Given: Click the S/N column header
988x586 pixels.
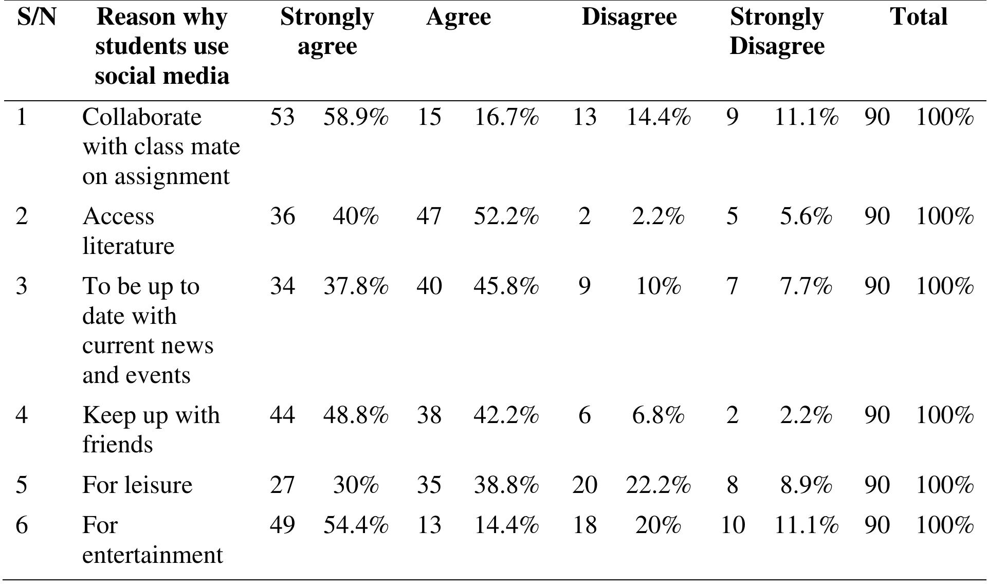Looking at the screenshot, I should [36, 17].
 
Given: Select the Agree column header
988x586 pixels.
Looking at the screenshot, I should [458, 17].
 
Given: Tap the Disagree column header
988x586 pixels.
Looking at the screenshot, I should [629, 17].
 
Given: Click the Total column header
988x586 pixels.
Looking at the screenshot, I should [919, 17].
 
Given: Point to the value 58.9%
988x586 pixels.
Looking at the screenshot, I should [356, 117].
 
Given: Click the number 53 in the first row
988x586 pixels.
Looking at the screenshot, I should [282, 117].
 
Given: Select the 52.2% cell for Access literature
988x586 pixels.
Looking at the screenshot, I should [506, 216].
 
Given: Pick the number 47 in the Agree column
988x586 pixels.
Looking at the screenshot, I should [429, 216].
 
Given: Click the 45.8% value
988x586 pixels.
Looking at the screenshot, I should [506, 286].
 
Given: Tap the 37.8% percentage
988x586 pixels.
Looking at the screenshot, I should [356, 286].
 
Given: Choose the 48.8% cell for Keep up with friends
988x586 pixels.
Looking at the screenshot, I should [356, 415].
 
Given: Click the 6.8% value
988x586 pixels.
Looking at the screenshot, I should [658, 415].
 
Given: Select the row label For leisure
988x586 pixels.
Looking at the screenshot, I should [137, 485].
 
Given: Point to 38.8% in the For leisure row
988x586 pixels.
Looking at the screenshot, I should [506, 485].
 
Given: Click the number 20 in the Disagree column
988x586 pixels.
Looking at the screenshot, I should [584, 485].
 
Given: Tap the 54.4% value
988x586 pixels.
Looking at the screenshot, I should [356, 525].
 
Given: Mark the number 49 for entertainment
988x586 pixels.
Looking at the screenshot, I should [282, 525].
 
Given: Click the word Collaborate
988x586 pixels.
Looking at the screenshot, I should [141, 117].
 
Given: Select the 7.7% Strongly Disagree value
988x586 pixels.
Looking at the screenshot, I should [806, 286].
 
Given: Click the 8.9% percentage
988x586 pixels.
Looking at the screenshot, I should [806, 485].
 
